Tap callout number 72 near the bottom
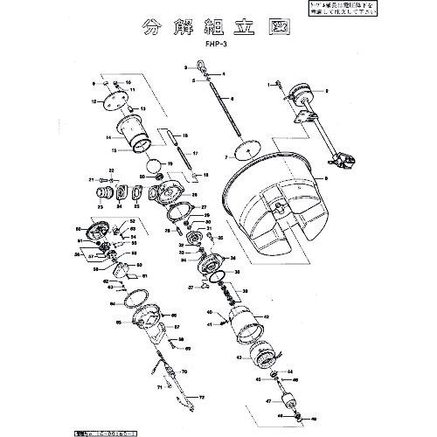point(202,397)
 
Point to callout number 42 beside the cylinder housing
point(267,316)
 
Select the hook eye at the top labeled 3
point(200,66)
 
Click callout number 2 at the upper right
point(325,91)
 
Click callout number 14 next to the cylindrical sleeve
point(108,137)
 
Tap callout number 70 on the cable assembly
point(184,371)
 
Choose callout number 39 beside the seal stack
point(246,294)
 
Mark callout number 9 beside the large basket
point(325,177)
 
